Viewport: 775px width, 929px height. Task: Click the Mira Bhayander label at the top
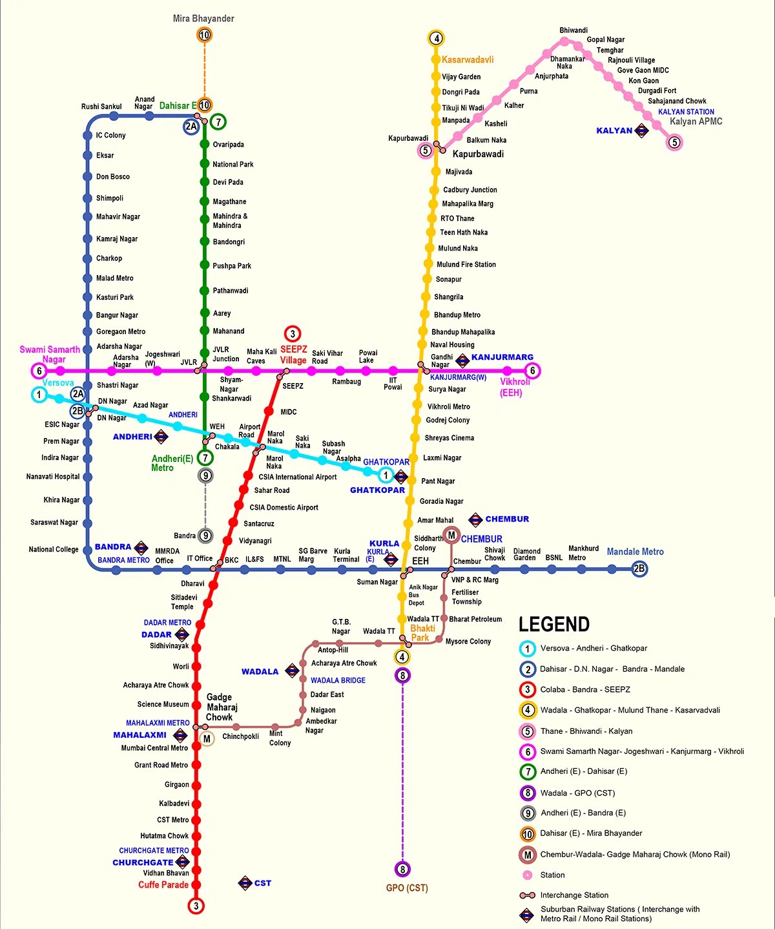pyautogui.click(x=203, y=19)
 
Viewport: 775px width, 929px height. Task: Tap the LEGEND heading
pyautogui.click(x=554, y=624)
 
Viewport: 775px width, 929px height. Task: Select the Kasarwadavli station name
pyautogui.click(x=468, y=59)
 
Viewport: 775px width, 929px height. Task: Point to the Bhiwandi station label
pyautogui.click(x=573, y=30)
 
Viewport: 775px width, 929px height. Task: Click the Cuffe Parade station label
pyautogui.click(x=163, y=885)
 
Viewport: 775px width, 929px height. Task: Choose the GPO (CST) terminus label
pyautogui.click(x=407, y=888)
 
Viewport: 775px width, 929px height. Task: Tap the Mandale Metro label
pyautogui.click(x=635, y=552)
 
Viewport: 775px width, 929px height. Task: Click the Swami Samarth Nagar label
pyautogui.click(x=50, y=354)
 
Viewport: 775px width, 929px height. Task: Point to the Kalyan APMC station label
pyautogui.click(x=696, y=121)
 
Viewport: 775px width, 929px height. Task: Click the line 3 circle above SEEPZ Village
pyautogui.click(x=293, y=334)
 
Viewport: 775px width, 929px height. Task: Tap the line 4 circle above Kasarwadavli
pyautogui.click(x=437, y=38)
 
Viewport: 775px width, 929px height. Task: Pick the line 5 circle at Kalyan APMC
pyautogui.click(x=674, y=143)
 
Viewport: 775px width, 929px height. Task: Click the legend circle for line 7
pyautogui.click(x=528, y=771)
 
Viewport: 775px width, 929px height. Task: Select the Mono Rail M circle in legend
pyautogui.click(x=528, y=855)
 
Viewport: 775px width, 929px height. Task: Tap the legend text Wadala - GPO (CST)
pyautogui.click(x=577, y=793)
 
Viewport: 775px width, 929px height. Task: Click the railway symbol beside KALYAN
pyautogui.click(x=641, y=130)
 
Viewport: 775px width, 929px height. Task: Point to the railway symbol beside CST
pyautogui.click(x=245, y=883)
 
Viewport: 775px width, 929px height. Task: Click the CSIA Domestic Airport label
pyautogui.click(x=284, y=508)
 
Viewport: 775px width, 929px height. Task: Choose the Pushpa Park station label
pyautogui.click(x=232, y=266)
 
